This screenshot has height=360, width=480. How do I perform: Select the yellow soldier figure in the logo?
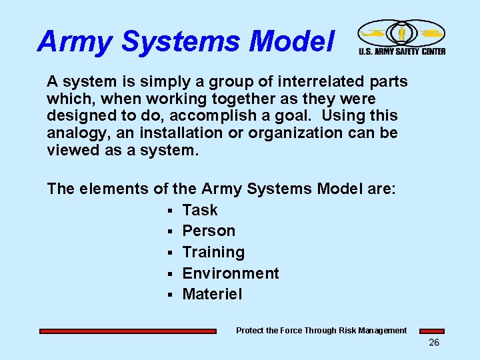[402, 33]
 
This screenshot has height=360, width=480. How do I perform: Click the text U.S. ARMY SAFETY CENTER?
[402, 51]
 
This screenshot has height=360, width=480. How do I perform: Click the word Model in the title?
[291, 41]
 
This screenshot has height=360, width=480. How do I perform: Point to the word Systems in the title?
[177, 41]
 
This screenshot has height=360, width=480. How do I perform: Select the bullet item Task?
[200, 210]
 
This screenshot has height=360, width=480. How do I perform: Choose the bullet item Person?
[209, 231]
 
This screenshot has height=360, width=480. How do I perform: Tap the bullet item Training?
[213, 252]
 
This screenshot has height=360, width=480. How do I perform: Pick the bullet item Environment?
[231, 273]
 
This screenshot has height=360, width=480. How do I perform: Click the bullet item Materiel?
[213, 294]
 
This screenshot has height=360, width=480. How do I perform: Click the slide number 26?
[433, 343]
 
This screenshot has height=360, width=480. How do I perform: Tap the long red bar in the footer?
[128, 331]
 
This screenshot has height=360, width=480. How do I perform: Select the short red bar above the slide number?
[431, 331]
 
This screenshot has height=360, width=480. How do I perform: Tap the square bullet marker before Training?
[171, 253]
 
